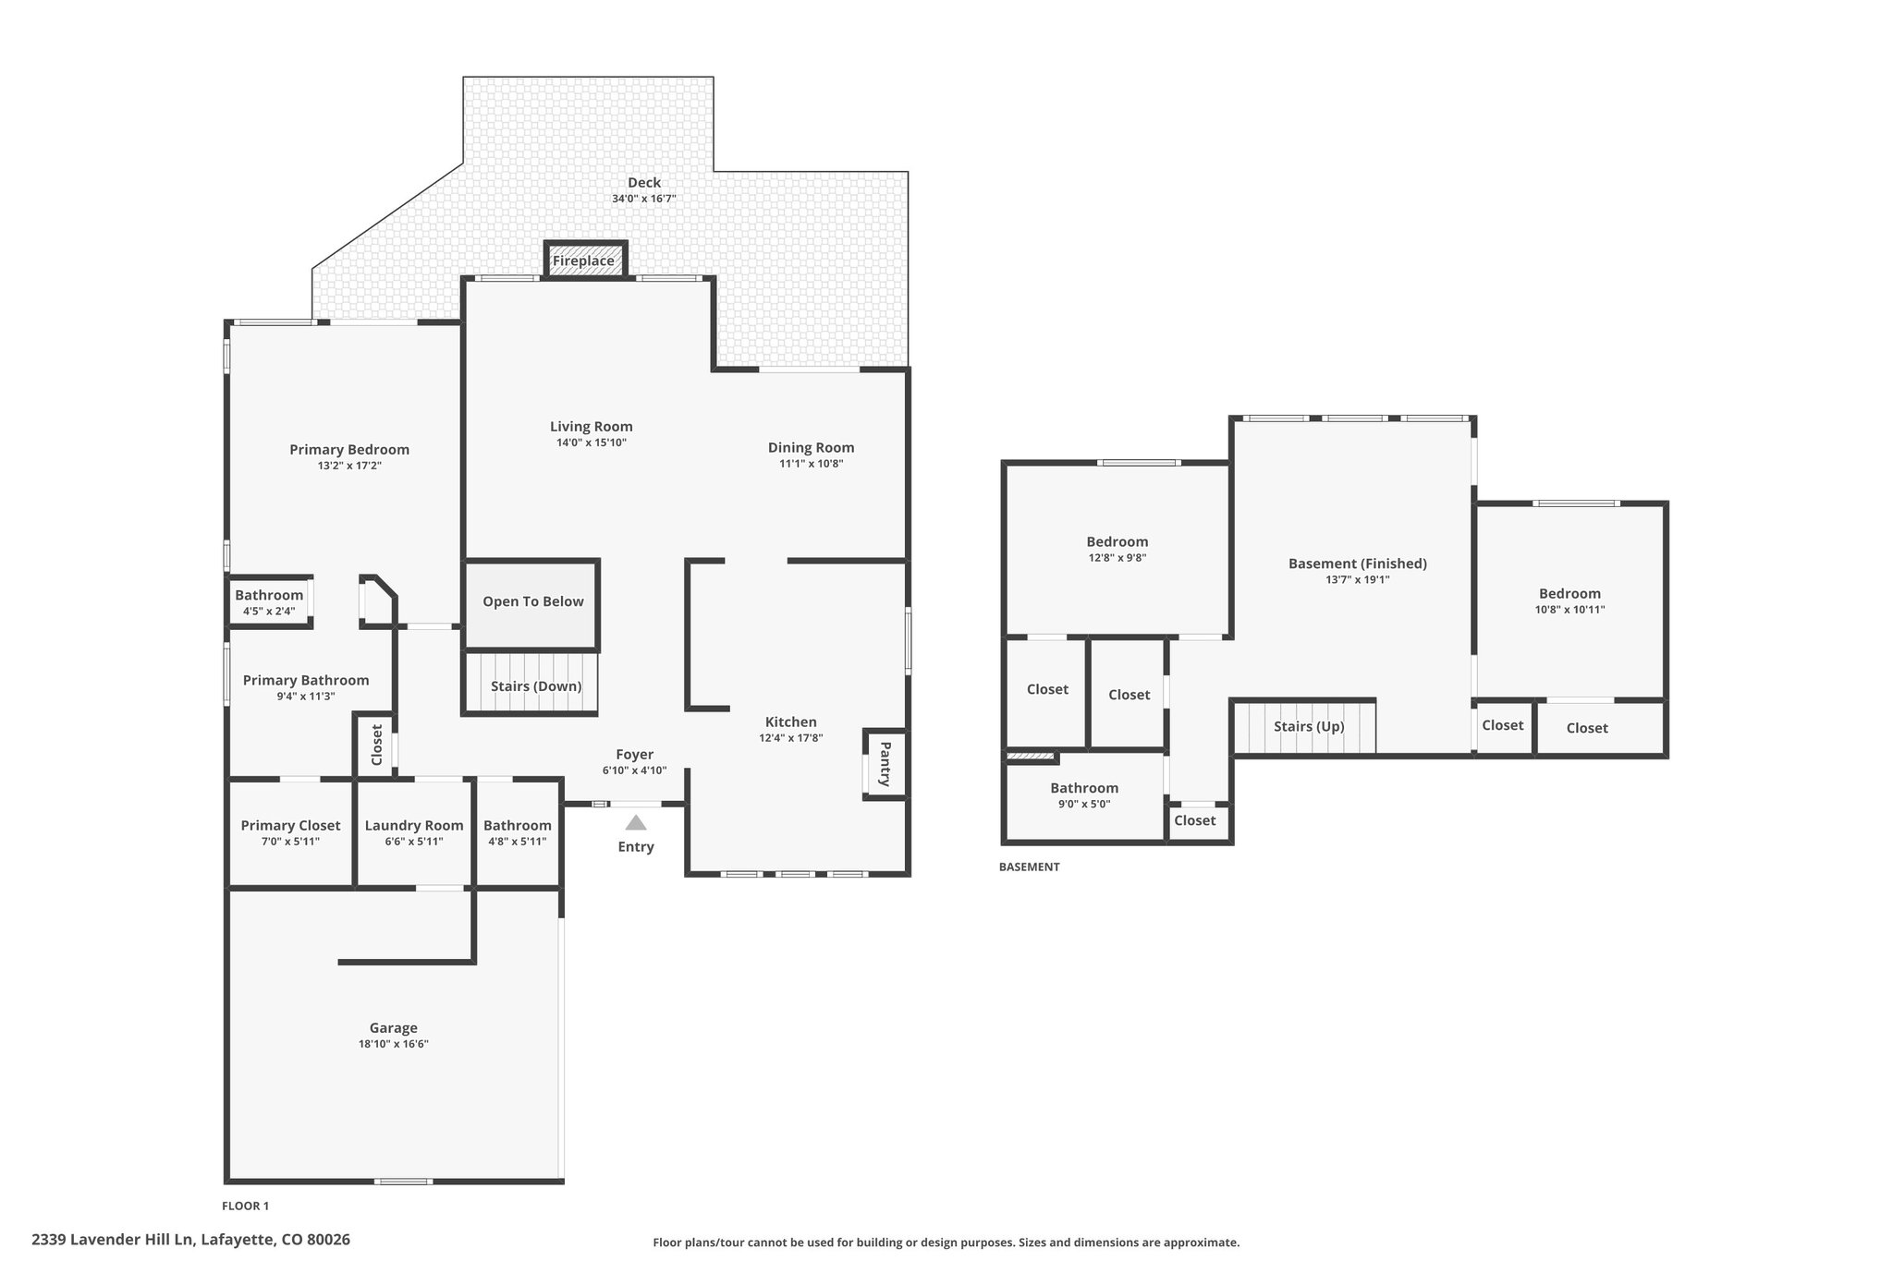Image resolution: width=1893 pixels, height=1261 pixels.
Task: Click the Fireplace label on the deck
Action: (x=583, y=261)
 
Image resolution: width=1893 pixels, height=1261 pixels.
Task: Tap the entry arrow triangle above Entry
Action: (x=636, y=822)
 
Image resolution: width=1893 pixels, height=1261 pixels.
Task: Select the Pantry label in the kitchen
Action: (x=885, y=764)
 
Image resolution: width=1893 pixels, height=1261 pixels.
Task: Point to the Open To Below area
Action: (x=532, y=603)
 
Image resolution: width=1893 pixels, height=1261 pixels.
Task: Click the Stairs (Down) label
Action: (x=536, y=686)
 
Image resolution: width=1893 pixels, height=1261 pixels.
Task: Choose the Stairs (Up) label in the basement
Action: (x=1309, y=726)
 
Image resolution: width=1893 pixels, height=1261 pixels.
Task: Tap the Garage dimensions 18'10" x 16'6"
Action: (x=394, y=1044)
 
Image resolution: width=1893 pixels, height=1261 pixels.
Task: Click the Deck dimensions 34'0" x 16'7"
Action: (x=644, y=199)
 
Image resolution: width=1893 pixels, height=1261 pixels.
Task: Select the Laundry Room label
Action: (x=414, y=826)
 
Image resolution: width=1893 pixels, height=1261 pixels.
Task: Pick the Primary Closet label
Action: (x=290, y=826)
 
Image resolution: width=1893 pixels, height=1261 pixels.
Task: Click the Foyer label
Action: (x=635, y=755)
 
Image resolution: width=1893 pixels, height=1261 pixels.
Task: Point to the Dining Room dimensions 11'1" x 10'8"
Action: (x=812, y=464)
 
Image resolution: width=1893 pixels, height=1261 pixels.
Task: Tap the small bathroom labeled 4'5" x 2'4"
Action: (x=269, y=602)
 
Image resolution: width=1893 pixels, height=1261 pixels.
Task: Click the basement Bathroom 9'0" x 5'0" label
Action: (x=1084, y=788)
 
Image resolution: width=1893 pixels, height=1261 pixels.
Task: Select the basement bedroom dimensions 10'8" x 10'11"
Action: (x=1569, y=610)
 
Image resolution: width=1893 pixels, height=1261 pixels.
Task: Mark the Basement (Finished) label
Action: (x=1358, y=564)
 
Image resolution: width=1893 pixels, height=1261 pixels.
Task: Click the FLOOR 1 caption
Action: (x=246, y=1206)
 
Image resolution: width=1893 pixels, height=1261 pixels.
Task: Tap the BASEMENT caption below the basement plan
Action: (x=1030, y=867)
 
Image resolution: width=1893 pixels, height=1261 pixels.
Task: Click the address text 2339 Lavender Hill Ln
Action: (x=114, y=1240)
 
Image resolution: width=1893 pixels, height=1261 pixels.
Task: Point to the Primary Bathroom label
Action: (x=306, y=681)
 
